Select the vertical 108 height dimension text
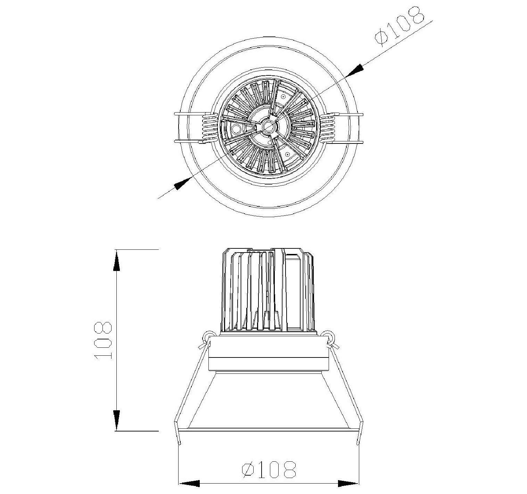coord(103,340)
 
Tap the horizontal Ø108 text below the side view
coord(269,469)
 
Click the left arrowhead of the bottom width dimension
coord(189,483)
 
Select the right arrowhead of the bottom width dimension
coord(348,483)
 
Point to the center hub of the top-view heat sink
coord(268,126)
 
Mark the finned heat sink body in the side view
coord(267,290)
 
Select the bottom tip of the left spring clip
coord(180,443)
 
